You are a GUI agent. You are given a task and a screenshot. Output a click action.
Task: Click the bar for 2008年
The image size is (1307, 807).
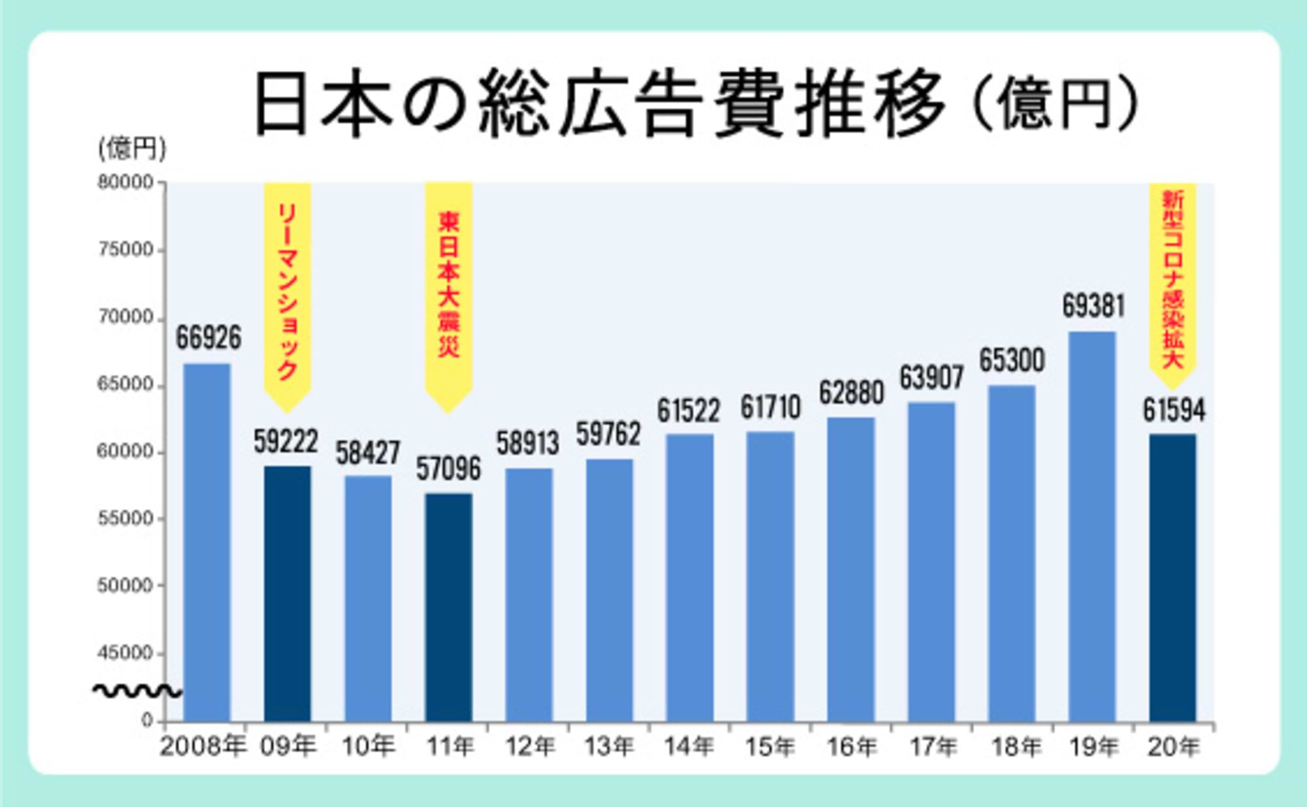click(x=207, y=543)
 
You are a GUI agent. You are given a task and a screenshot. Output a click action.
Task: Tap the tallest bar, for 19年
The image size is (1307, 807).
click(x=1092, y=526)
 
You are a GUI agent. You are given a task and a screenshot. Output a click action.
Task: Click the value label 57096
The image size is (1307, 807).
click(x=448, y=469)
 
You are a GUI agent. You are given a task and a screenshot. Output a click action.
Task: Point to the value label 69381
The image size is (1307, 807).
click(x=1093, y=306)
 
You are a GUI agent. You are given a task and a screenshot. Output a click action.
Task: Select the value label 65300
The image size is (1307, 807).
click(x=1012, y=360)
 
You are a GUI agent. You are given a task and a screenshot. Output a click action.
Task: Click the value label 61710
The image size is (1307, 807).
click(x=770, y=407)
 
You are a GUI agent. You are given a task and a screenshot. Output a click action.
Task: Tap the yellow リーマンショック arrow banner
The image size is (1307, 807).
click(x=288, y=294)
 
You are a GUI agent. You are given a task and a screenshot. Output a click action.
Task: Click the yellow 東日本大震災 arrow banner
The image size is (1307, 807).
click(x=448, y=294)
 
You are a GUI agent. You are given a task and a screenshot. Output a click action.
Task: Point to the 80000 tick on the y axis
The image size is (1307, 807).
click(x=125, y=182)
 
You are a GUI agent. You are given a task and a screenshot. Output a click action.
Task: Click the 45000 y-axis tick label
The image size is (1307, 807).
click(x=125, y=653)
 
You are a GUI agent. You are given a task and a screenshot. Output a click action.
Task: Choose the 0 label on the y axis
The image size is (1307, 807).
click(x=147, y=720)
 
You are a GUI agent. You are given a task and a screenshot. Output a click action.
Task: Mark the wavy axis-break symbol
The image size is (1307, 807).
click(x=137, y=691)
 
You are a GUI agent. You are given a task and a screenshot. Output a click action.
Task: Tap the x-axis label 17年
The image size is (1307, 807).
click(x=932, y=746)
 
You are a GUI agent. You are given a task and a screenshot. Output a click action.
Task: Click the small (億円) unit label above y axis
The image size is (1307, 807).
click(x=132, y=148)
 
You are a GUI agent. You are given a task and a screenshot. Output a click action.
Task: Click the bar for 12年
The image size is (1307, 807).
click(x=529, y=595)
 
